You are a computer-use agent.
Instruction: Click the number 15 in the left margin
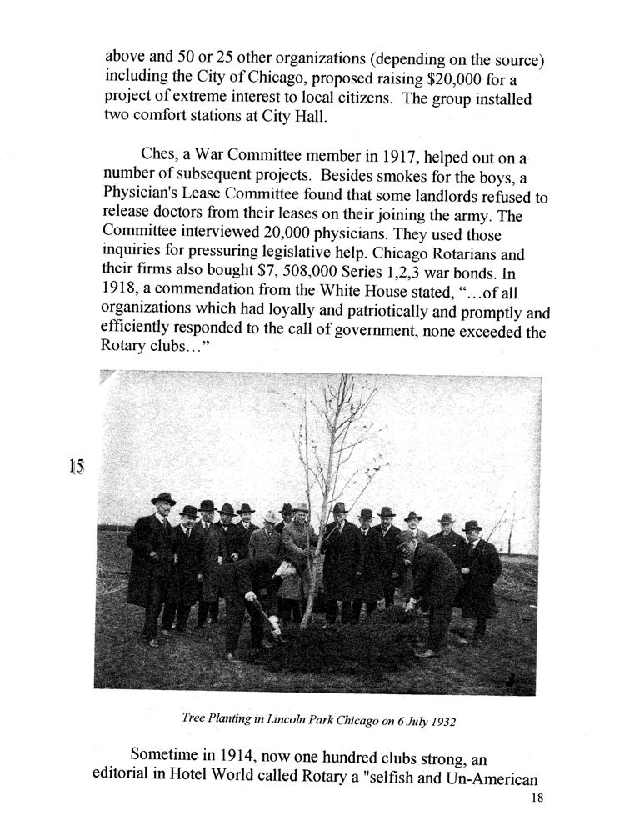coord(77,467)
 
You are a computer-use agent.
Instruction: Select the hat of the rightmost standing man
coord(472,525)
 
